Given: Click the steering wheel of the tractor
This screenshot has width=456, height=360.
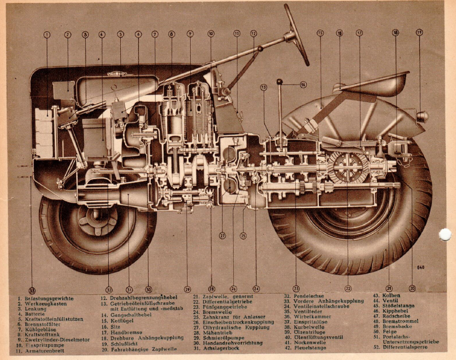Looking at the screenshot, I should click(296, 35).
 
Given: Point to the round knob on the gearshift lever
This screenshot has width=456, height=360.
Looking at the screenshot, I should click(279, 82).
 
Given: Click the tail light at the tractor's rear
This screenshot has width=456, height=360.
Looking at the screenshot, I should click(422, 116).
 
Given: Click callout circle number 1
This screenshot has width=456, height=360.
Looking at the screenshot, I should click(47, 35).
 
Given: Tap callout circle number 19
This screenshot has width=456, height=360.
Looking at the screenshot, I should click(419, 32).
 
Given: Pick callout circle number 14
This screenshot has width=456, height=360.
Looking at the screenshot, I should click(303, 84).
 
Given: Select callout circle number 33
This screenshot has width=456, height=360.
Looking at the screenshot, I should click(32, 290).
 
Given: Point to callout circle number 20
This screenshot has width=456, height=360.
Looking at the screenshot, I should click(412, 288).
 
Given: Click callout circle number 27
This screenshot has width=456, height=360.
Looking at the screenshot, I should click(222, 236).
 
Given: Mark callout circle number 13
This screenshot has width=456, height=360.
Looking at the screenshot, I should click(263, 87).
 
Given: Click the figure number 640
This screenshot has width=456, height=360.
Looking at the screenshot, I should click(420, 268).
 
